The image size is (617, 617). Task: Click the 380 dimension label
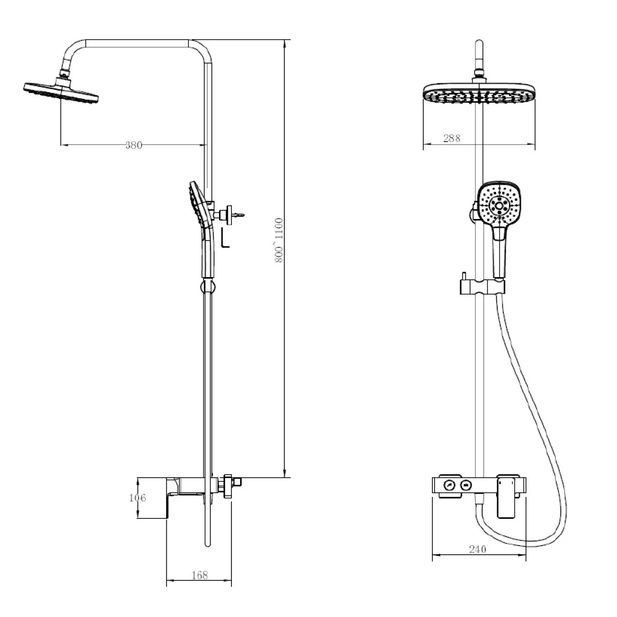(134, 146)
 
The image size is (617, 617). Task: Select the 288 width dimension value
(451, 138)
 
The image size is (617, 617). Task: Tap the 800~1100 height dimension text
(279, 240)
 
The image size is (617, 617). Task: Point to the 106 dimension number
(137, 498)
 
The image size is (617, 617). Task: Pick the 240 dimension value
(477, 549)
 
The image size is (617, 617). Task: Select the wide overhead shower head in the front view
(479, 94)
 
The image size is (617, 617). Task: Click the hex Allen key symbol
(225, 238)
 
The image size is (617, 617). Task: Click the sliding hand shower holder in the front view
(482, 286)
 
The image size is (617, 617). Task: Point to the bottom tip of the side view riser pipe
(208, 546)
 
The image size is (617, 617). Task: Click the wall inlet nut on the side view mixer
(228, 486)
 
